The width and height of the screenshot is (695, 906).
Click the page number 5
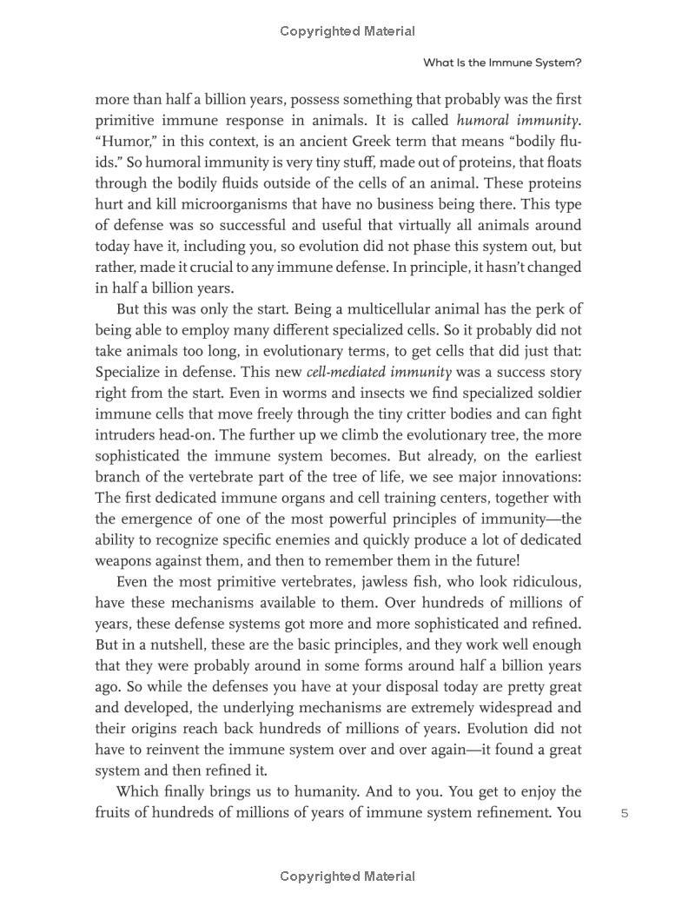[625, 813]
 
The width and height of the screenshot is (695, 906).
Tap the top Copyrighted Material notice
[347, 31]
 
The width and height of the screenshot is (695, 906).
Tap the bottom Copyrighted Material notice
[347, 876]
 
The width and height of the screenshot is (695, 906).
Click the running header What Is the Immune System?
[502, 63]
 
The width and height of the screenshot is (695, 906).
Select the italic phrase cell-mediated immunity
[379, 372]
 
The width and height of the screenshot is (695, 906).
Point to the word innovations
[537, 477]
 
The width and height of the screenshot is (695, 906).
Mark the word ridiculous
[539, 582]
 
